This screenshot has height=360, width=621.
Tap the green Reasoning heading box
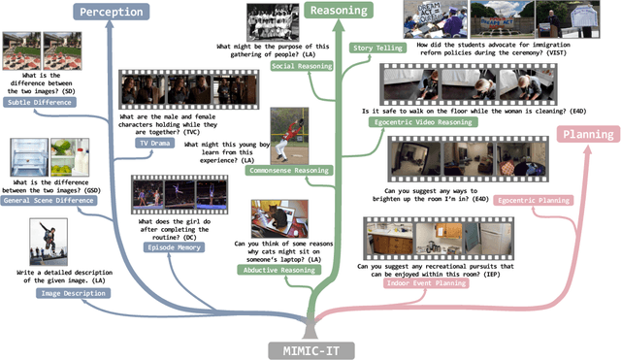click(339, 11)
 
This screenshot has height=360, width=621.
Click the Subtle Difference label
click(31, 101)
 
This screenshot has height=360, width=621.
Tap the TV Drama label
click(153, 143)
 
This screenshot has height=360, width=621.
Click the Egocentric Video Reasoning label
click(410, 123)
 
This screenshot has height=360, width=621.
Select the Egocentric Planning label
click(533, 200)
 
